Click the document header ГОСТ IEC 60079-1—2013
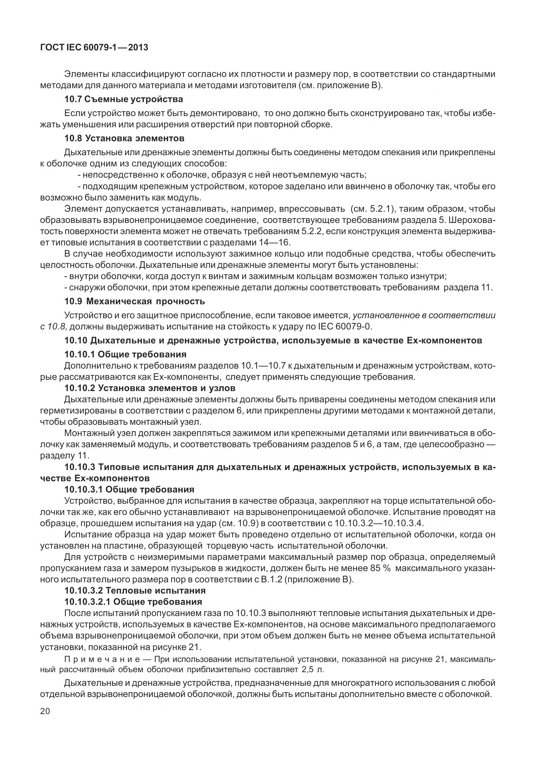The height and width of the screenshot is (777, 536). tap(94, 48)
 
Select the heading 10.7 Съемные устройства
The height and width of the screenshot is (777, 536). tap(124, 99)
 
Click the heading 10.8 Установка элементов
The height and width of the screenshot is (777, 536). tap(125, 139)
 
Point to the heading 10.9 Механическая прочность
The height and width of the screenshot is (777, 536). tap(135, 301)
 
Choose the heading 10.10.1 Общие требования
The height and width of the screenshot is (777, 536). tap(125, 354)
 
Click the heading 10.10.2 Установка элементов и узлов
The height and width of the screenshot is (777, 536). tap(150, 388)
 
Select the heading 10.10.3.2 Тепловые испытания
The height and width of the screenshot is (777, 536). tap(135, 590)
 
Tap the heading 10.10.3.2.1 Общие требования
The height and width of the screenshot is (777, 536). tap(133, 602)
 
